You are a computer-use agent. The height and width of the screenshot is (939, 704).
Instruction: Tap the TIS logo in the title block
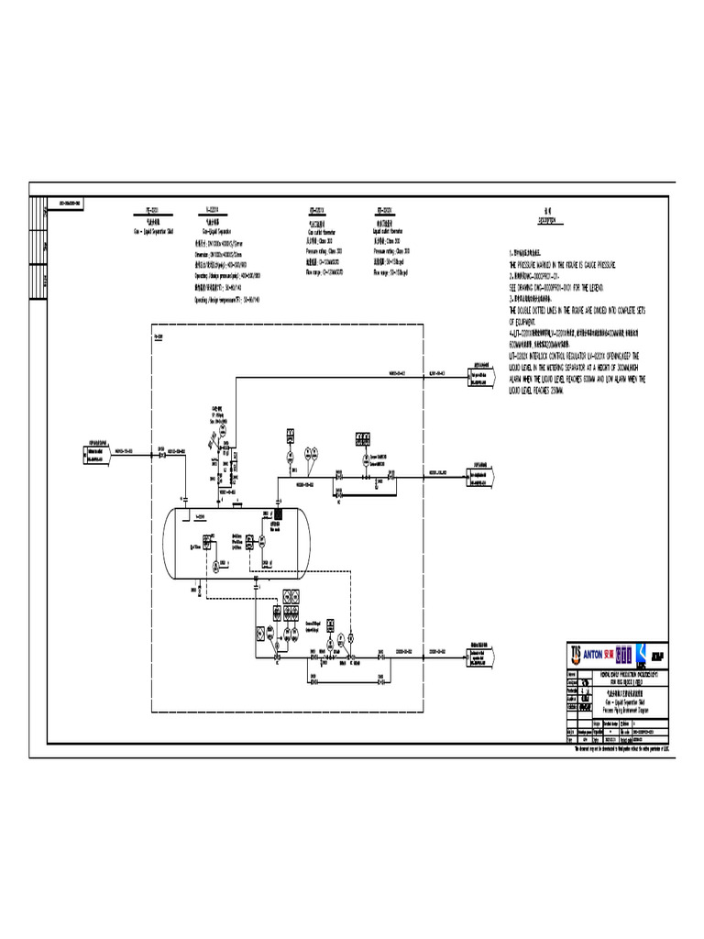[x=576, y=654]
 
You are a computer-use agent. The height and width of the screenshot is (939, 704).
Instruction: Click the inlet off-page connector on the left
[x=99, y=450]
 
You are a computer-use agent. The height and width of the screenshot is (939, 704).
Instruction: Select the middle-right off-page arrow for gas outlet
[x=482, y=473]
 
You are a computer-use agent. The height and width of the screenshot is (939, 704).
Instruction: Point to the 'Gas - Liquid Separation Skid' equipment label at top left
[x=152, y=231]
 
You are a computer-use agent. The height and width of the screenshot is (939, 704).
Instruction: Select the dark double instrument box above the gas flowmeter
[x=359, y=437]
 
